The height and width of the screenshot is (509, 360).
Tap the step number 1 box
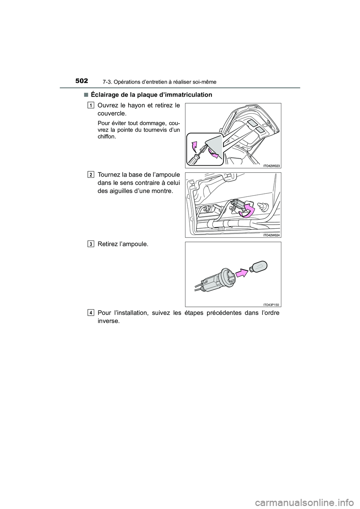pos(91,105)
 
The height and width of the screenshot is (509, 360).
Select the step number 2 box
pos(91,174)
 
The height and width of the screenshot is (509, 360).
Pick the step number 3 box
pos(91,244)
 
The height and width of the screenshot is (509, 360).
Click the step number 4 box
pos(91,312)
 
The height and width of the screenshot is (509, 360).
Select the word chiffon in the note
pos(106,137)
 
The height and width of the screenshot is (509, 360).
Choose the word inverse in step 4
pos(108,321)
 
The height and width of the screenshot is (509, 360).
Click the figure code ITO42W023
pos(272,165)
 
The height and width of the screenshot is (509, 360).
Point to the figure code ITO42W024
pos(272,235)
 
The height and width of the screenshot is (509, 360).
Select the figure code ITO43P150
pos(272,304)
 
